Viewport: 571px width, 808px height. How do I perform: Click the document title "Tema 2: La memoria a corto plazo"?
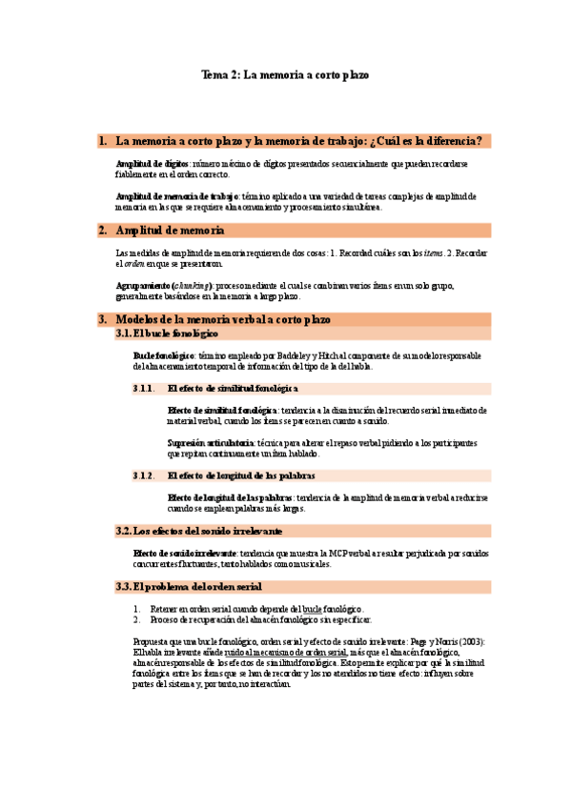pos(285,73)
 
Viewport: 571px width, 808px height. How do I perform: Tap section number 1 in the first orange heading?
pos(102,141)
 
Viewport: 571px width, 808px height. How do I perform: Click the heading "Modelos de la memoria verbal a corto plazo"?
pos(222,319)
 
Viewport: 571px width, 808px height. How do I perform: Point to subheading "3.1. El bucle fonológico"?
pos(167,334)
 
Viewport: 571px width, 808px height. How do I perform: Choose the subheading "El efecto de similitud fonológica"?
pos(232,389)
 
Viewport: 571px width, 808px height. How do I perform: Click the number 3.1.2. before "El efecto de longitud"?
pos(144,475)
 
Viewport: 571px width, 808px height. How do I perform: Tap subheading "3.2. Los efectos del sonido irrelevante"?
pos(198,530)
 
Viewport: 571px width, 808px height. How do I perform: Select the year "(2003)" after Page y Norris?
pos(471,641)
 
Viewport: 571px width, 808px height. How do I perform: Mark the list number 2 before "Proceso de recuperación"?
pos(137,619)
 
